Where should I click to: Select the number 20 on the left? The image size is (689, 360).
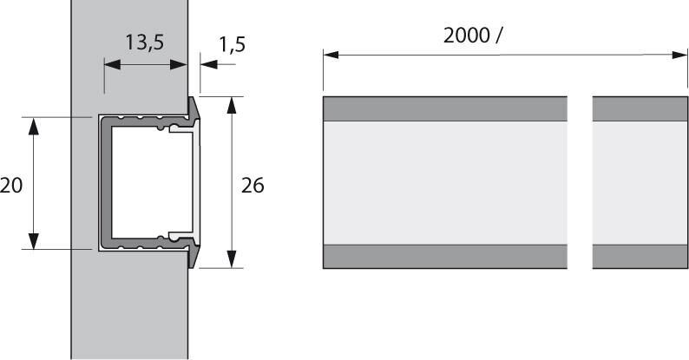pyautogui.click(x=11, y=185)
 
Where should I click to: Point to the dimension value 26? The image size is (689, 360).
pyautogui.click(x=253, y=185)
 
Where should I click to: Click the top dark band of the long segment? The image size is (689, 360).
pyautogui.click(x=444, y=108)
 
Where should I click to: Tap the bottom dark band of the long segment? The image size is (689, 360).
pyautogui.click(x=444, y=257)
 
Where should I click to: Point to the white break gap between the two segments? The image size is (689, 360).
pyautogui.click(x=580, y=182)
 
